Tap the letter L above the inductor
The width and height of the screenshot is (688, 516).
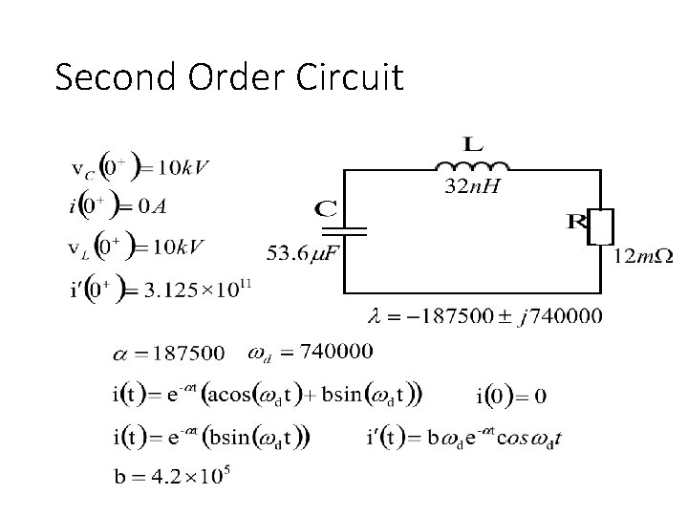click(x=472, y=144)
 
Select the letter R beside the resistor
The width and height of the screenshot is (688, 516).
click(x=577, y=223)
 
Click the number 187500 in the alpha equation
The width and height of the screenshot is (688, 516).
click(x=191, y=354)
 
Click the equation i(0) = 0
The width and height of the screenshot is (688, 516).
click(x=510, y=396)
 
